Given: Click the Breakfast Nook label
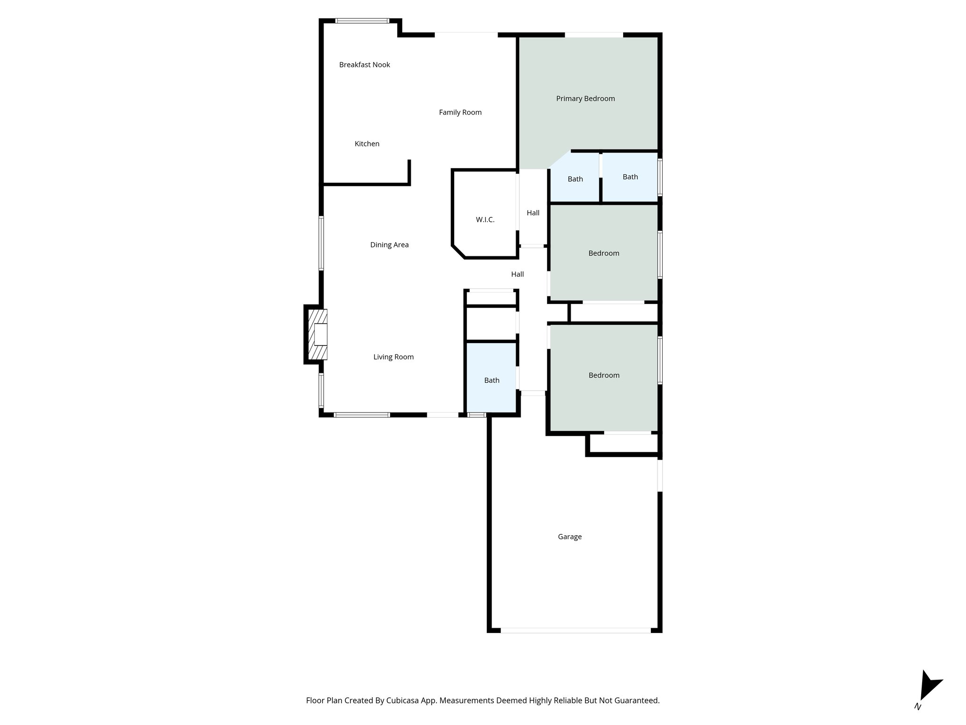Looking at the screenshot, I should pos(364,65).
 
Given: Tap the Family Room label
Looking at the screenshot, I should pos(460,112).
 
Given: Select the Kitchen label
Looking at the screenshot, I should pos(366,144).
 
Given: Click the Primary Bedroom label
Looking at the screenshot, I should pos(585,99).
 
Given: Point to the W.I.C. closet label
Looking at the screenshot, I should pos(485,220).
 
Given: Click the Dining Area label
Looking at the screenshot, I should pos(389,245).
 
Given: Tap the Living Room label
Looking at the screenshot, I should pos(393,357).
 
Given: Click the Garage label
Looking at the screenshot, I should pos(569,537).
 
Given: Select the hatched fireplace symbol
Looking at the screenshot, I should pos(317,334).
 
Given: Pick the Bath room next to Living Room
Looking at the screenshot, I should pos(491,380).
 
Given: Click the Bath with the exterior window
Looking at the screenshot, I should pos(630,177).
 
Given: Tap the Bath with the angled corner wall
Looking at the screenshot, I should pos(575,179).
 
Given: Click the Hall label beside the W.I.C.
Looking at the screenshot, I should pos(533,213).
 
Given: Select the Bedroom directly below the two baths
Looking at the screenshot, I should pos(603,253).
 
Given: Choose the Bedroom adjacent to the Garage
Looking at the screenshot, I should pos(604,376).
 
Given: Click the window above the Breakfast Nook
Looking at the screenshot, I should pos(362,21).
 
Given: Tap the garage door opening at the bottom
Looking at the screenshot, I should pos(575,630).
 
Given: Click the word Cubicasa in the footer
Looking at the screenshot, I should pos(404,700).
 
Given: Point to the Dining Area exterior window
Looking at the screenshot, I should pos(321,243).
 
